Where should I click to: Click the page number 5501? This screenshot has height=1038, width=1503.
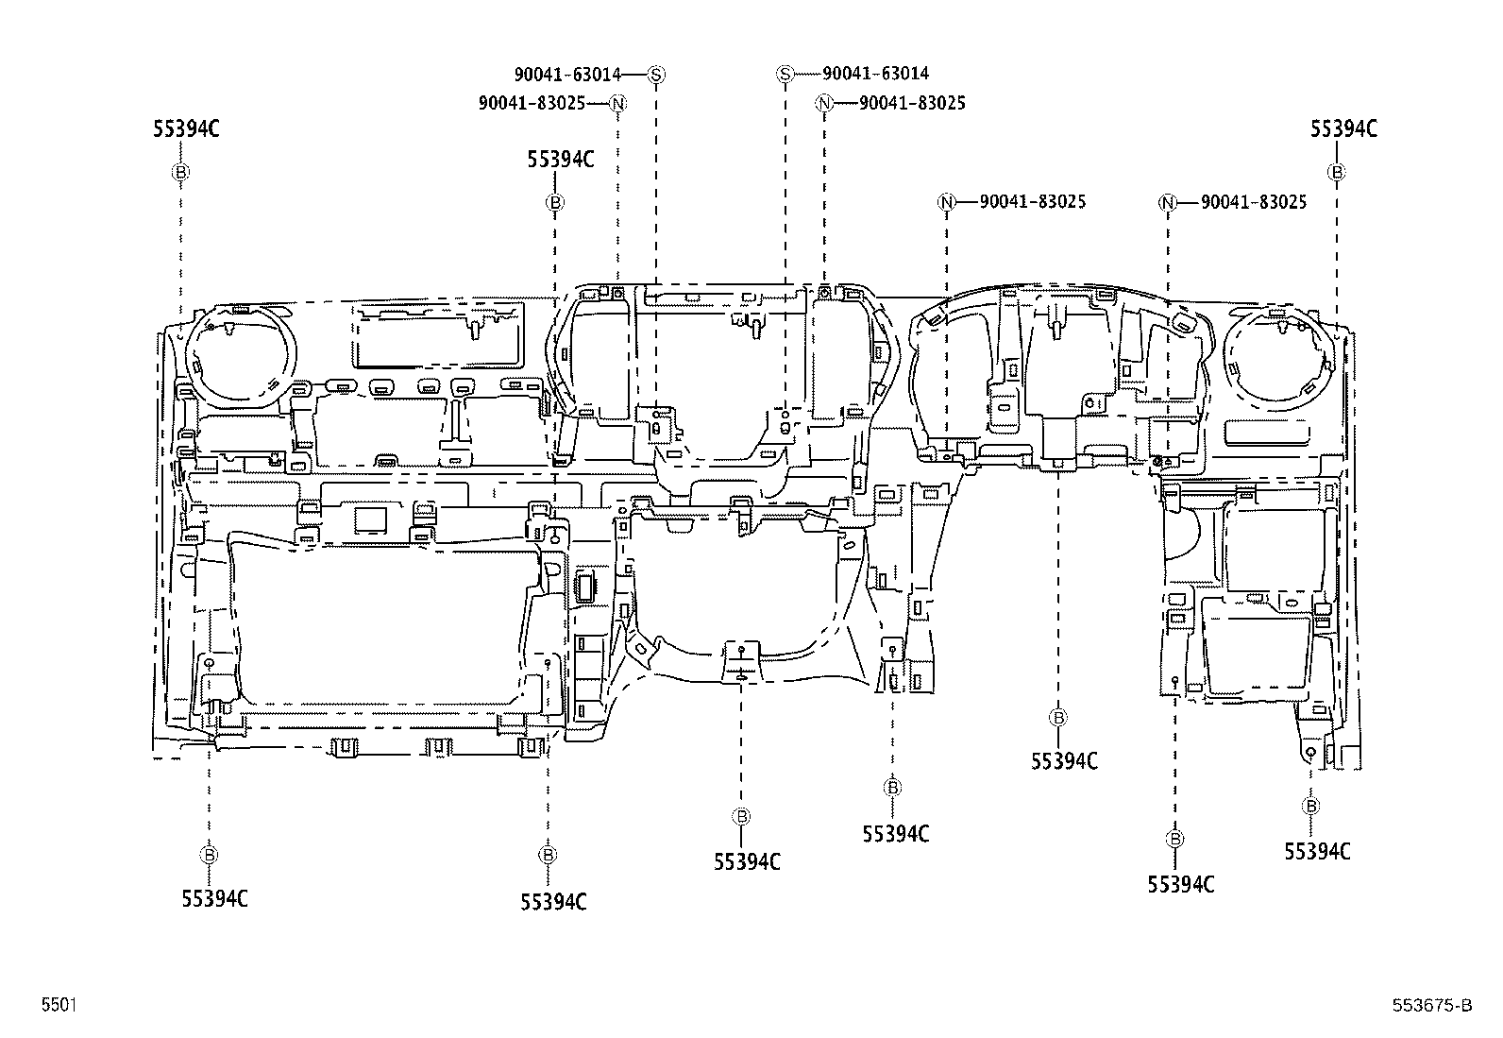pos(59,1005)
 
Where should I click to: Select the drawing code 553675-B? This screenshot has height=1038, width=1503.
pos(1432,1005)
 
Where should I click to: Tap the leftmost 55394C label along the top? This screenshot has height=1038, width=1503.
pos(186,128)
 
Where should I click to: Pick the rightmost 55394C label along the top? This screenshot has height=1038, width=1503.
pos(1343,128)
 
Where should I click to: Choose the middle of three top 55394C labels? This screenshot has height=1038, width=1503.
pos(560,159)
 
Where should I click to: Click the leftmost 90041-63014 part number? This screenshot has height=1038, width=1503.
pos(567,74)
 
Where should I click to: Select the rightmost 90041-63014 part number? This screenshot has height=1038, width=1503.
pos(875,73)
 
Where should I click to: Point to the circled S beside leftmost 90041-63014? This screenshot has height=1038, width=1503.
pos(656,75)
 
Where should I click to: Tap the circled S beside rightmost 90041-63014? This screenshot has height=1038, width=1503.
pos(785,74)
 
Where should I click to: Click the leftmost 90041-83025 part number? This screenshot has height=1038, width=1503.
pos(532,103)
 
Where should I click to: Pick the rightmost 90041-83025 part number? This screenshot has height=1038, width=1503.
pos(1254,202)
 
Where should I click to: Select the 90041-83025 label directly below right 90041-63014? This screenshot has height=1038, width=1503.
pos(913,103)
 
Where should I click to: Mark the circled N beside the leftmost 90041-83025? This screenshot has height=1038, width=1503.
pos(617,104)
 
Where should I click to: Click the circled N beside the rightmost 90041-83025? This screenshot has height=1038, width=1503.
pos(1168,203)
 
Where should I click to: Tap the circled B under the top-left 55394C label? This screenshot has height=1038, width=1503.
pos(180,172)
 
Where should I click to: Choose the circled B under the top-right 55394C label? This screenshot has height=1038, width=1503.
pos(1337,172)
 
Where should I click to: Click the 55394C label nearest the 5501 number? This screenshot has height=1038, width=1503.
pos(214,898)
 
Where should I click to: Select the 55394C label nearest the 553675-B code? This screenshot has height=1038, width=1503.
pos(1317,851)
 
